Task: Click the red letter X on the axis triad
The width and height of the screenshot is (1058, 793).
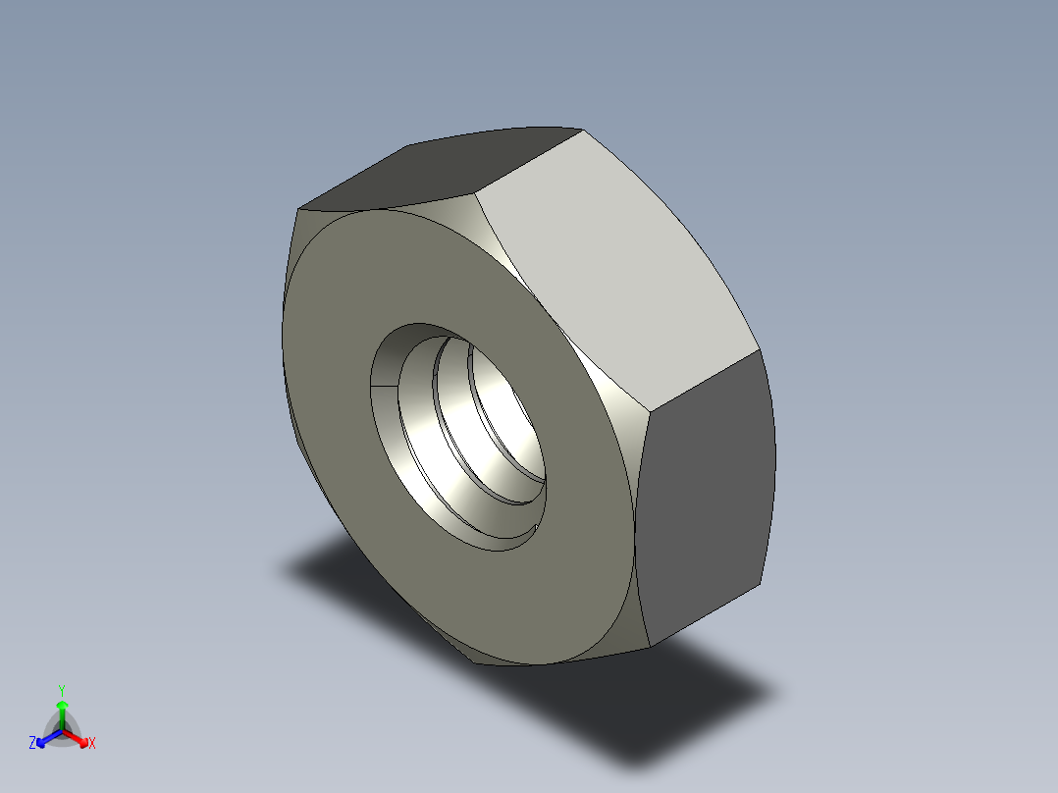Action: pos(92,744)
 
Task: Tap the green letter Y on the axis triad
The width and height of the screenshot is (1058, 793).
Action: pos(62,690)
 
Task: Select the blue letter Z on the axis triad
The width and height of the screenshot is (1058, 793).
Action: pos(32,744)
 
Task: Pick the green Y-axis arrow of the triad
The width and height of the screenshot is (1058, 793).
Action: pos(62,712)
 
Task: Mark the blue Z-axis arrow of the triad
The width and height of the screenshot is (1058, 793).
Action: pos(45,738)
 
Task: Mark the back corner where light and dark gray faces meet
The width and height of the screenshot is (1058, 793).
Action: pos(760,348)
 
